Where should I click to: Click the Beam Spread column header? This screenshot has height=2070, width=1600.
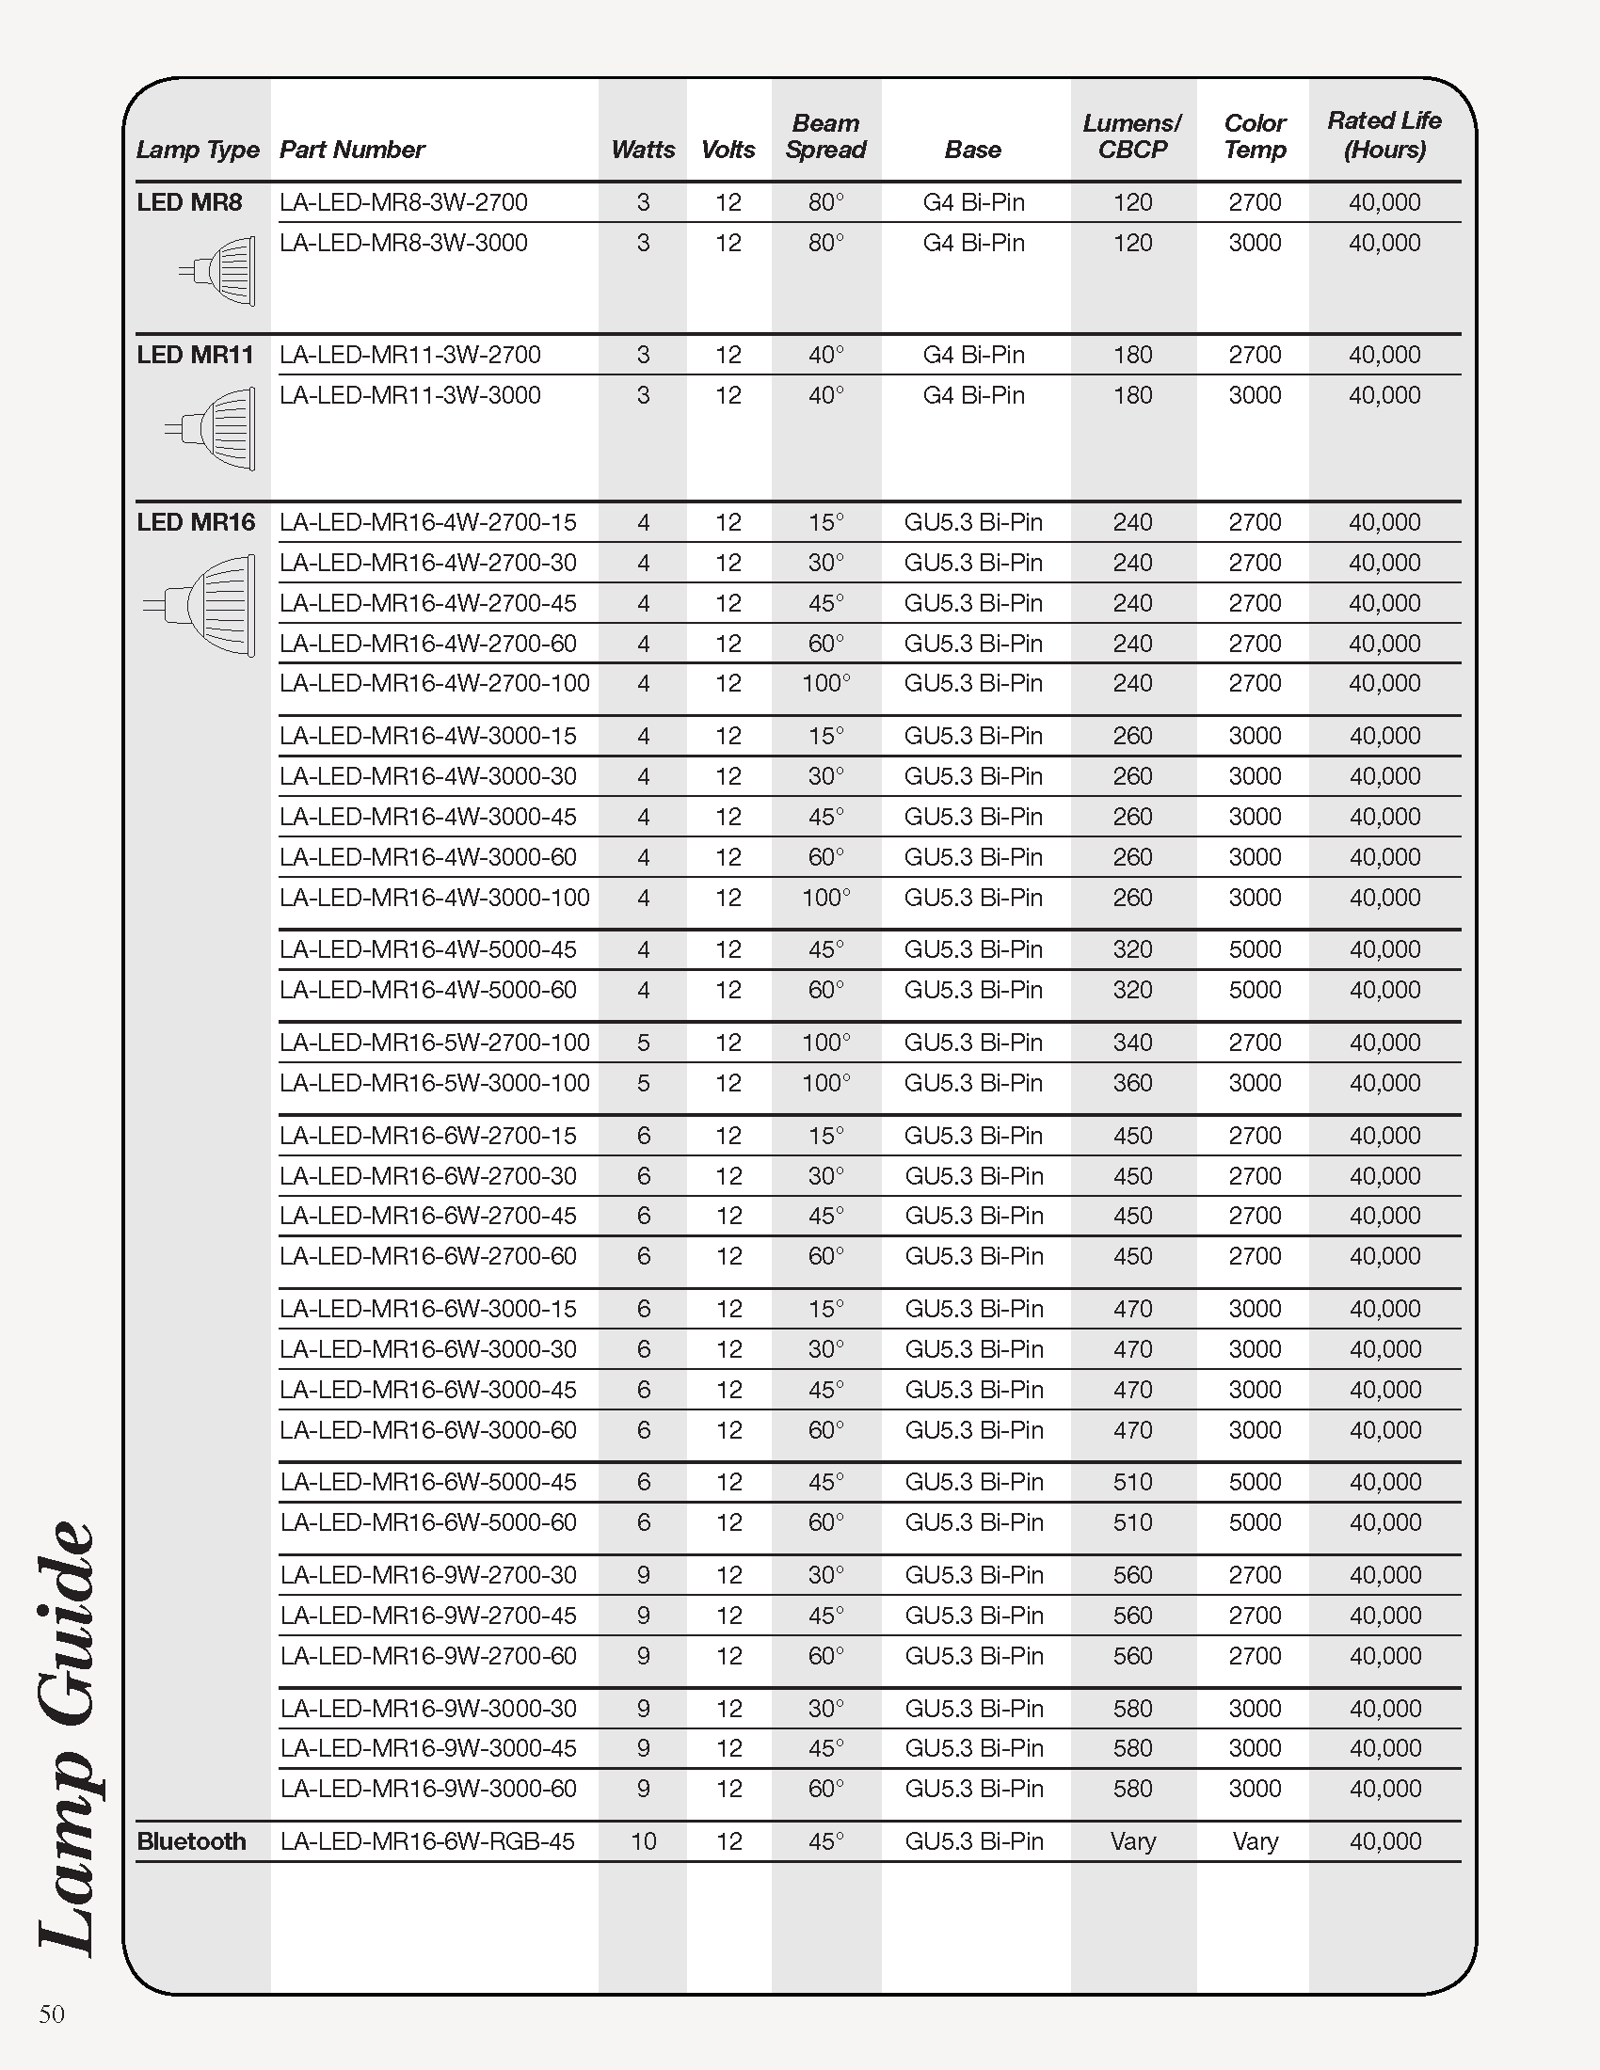tap(825, 136)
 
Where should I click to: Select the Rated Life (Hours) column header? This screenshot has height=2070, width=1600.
tap(1384, 135)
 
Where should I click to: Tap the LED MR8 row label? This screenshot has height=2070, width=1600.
tap(189, 202)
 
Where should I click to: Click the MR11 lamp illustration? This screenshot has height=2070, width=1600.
tap(213, 428)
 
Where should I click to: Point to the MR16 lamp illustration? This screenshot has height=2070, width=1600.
tap(201, 606)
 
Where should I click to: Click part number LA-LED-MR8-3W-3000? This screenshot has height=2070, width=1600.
tap(403, 243)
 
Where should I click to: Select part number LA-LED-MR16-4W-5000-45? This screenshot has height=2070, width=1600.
tap(427, 948)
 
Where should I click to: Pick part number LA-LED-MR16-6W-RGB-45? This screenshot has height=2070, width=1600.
tap(426, 1840)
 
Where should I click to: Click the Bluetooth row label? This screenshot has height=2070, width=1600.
tap(191, 1840)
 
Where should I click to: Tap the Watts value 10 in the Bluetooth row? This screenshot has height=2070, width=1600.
tap(643, 1840)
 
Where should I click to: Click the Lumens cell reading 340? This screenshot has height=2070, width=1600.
tap(1131, 1043)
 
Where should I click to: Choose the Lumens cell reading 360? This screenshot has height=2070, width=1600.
tap(1131, 1082)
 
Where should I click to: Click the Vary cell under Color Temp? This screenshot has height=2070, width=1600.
tap(1255, 1840)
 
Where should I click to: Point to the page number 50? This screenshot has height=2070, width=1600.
tap(52, 2014)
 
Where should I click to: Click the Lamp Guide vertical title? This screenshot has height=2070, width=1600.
tap(69, 1734)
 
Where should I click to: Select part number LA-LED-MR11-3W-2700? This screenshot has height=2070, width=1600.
tap(409, 355)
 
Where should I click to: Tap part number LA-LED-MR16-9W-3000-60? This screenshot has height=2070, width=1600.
tap(427, 1788)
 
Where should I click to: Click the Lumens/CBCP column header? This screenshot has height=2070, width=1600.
tap(1131, 136)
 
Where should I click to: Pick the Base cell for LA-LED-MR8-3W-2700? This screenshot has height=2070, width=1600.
tap(973, 202)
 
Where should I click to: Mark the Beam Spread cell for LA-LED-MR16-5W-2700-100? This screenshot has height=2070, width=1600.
tap(825, 1043)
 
